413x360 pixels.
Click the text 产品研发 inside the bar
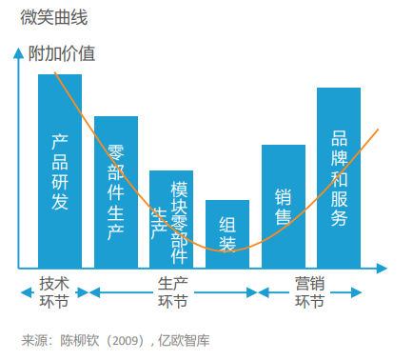(x=60, y=171)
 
